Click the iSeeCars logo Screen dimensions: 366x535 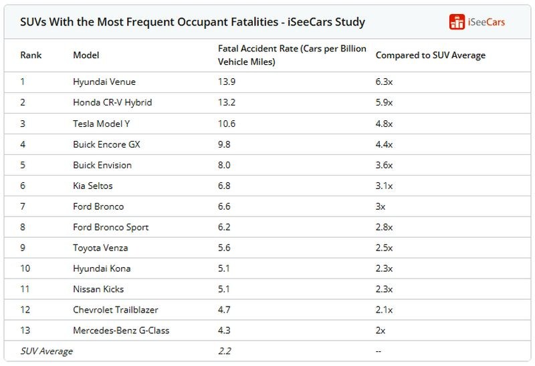(477, 21)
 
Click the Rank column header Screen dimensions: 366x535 (30, 55)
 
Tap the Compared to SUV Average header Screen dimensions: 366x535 (430, 55)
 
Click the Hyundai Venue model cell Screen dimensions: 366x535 (104, 82)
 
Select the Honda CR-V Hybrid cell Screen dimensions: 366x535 (112, 103)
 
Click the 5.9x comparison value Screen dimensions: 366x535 (384, 103)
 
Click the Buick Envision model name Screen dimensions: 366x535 (102, 165)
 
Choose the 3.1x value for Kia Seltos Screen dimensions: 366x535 (384, 186)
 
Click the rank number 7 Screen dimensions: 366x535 (23, 206)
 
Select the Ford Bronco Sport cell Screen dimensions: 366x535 (110, 227)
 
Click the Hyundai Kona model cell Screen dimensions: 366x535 (102, 268)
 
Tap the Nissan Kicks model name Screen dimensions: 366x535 (98, 289)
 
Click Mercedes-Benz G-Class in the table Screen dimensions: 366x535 (120, 331)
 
